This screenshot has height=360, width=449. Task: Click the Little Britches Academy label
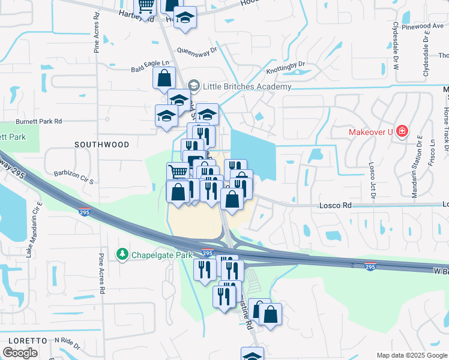click(x=247, y=86)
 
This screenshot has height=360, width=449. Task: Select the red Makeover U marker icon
click(x=402, y=131)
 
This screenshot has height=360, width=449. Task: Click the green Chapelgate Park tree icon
click(x=122, y=255)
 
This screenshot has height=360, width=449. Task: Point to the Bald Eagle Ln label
click(x=148, y=70)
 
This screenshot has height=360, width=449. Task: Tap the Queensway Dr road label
click(x=196, y=50)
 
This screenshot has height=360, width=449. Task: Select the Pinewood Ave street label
click(x=423, y=26)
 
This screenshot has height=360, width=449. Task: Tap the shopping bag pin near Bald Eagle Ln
click(x=163, y=79)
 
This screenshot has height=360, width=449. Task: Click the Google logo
click(x=20, y=353)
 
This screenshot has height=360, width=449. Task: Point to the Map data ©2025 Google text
click(x=411, y=355)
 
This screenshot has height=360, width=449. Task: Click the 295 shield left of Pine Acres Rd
click(x=84, y=212)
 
